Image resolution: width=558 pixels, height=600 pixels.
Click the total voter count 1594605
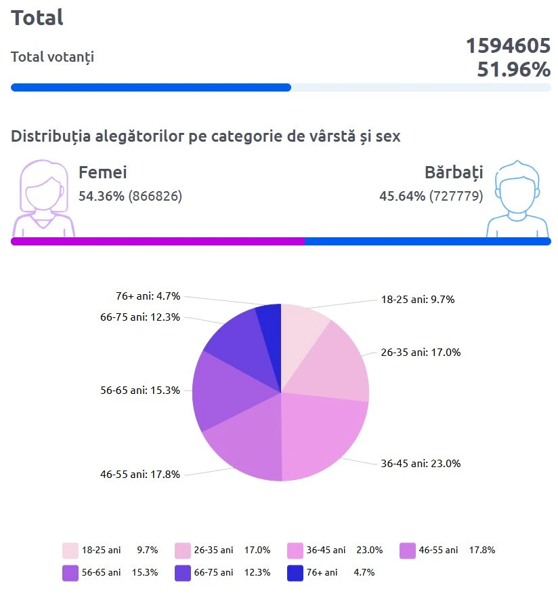pyautogui.click(x=507, y=46)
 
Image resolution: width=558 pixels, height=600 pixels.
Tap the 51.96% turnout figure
pyautogui.click(x=513, y=69)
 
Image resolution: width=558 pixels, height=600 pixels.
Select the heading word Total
pyautogui.click(x=37, y=18)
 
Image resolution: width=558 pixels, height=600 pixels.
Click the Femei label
pyautogui.click(x=103, y=172)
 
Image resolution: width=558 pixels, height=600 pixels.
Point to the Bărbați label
pyautogui.click(x=454, y=172)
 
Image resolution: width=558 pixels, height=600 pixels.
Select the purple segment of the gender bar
pyautogui.click(x=157, y=241)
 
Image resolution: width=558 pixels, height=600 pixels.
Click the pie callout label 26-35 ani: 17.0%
pyautogui.click(x=420, y=353)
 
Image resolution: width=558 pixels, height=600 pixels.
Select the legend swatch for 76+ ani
pyautogui.click(x=295, y=573)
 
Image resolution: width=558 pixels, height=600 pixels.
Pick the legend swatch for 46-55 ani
pyautogui.click(x=407, y=550)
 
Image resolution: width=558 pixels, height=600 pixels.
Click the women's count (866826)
pyautogui.click(x=155, y=196)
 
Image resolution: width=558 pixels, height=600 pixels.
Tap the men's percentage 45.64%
pyautogui.click(x=402, y=196)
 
